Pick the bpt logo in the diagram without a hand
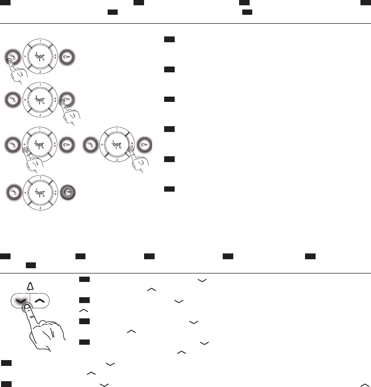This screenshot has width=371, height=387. click(40, 191)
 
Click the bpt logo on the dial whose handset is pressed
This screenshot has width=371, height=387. click(40, 56)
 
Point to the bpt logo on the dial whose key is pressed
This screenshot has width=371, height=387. click(40, 99)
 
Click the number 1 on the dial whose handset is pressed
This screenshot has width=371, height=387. click(40, 40)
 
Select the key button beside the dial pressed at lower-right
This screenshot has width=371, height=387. click(144, 143)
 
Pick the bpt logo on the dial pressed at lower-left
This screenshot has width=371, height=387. click(40, 143)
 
